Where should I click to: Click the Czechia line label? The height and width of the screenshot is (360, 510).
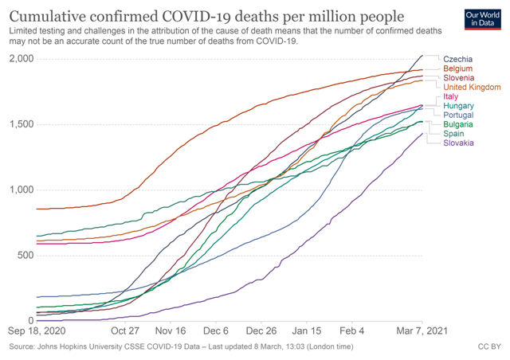(457, 59)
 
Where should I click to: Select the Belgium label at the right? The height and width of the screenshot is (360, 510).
(457, 69)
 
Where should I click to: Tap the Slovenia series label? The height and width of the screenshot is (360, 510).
(458, 78)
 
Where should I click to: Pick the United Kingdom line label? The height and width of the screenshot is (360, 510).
(471, 87)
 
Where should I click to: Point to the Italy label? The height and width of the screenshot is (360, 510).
(451, 97)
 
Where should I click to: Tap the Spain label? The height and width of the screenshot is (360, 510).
(453, 134)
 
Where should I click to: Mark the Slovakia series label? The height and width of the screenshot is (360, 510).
(458, 143)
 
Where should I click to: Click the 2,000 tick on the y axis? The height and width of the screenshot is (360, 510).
(20, 59)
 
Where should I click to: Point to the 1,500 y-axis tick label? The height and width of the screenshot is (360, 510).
(20, 124)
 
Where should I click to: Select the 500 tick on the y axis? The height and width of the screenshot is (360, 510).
(25, 255)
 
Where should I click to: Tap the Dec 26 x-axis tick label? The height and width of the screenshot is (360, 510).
(261, 330)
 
